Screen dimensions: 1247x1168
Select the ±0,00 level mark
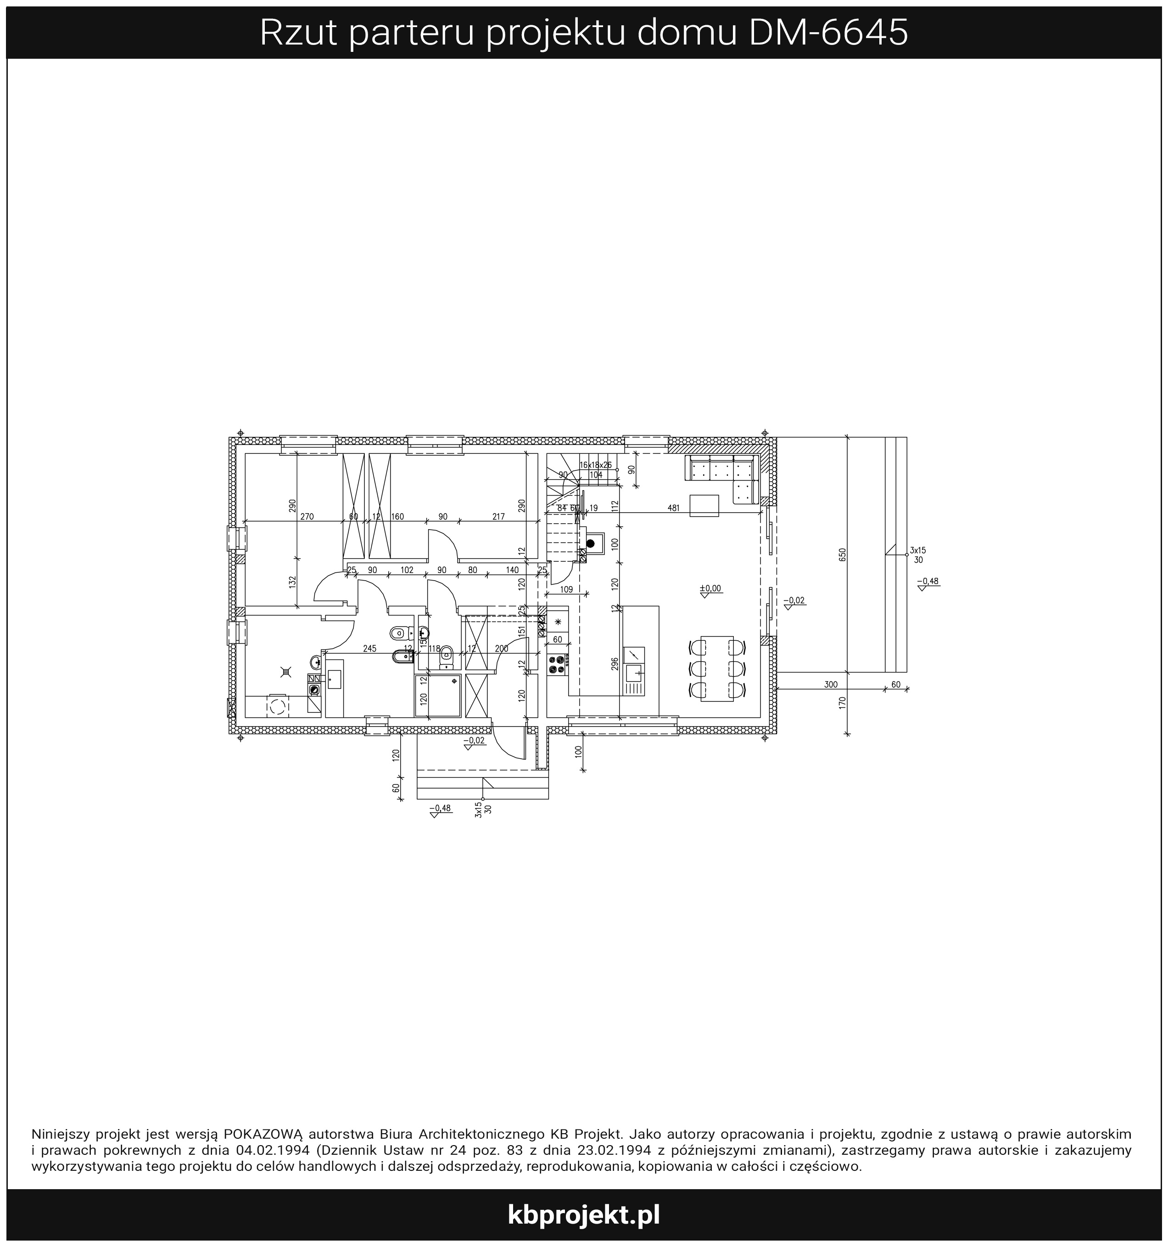click(x=711, y=588)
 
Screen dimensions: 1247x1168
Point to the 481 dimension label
click(x=673, y=508)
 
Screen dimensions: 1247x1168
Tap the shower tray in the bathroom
click(x=437, y=695)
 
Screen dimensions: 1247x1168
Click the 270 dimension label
click(x=307, y=517)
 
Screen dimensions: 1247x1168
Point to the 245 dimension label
click(x=369, y=649)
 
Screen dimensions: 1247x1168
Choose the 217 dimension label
click(x=499, y=517)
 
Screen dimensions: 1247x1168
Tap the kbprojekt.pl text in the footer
click(x=583, y=1214)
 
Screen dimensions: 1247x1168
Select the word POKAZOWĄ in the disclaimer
click(x=263, y=1134)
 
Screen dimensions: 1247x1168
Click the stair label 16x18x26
click(x=595, y=465)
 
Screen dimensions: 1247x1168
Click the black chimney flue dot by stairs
click(x=590, y=543)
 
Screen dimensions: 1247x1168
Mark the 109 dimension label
click(x=566, y=589)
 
